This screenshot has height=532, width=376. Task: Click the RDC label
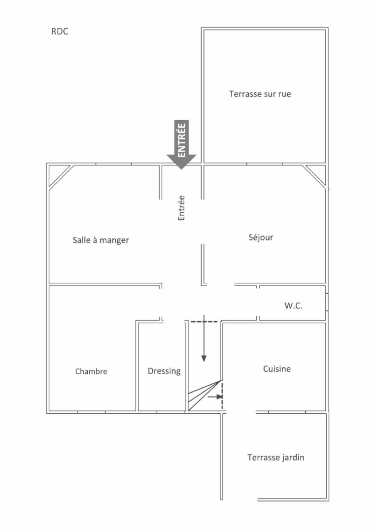click(60, 32)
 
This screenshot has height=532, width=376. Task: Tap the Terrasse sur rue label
click(260, 94)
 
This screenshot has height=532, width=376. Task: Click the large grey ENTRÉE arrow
click(181, 145)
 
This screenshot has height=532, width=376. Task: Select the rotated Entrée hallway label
click(181, 208)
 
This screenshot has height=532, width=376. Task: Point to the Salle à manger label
click(101, 240)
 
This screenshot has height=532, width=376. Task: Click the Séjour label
click(261, 237)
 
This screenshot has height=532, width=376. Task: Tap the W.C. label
click(293, 306)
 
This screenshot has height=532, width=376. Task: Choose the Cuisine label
click(276, 369)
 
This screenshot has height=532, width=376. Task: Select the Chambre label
click(91, 371)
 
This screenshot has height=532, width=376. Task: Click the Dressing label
click(164, 371)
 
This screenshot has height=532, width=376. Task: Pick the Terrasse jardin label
click(275, 458)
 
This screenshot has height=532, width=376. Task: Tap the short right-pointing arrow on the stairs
click(215, 396)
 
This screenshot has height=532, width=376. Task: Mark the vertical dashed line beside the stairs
click(222, 397)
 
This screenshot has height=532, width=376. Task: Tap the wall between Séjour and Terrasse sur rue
click(265, 164)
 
